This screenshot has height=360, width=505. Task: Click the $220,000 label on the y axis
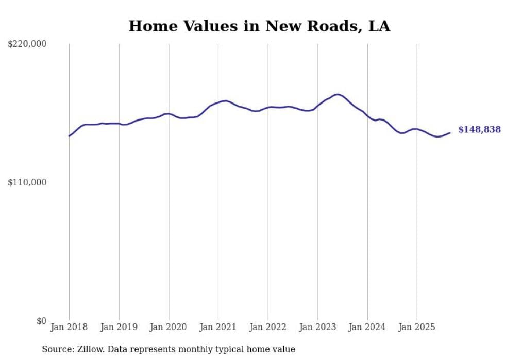coord(27,44)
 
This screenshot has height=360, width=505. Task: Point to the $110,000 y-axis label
coord(27,182)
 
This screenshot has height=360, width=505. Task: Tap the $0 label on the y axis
coord(41,321)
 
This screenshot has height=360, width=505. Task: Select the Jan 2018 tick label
coord(69,327)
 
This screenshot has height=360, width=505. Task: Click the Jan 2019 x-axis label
coord(119,327)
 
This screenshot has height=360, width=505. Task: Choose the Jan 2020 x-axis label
coord(169,327)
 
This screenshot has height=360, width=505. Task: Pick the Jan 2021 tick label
coord(218,327)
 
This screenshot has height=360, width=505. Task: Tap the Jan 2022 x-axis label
coord(268,327)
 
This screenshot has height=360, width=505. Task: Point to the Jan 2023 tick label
coord(317,327)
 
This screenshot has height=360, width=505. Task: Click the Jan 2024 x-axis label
coord(367,327)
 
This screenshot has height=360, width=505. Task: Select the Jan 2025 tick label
coord(417,327)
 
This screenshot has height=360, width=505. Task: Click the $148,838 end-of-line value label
coord(479,130)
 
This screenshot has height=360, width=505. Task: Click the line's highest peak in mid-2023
coord(338,94)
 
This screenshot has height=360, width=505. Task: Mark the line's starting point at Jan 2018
coord(69,136)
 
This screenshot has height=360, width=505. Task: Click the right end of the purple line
coord(450,133)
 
